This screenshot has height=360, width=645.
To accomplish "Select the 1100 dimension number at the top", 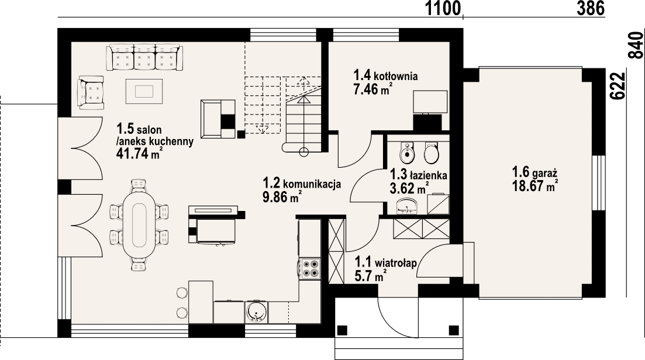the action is [x=443, y=8].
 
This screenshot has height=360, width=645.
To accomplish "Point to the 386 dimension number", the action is [x=590, y=8].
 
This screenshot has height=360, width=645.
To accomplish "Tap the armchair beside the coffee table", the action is [x=91, y=92].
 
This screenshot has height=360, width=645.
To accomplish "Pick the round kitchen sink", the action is [x=257, y=311].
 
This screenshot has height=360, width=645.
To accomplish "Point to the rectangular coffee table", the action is [x=144, y=91].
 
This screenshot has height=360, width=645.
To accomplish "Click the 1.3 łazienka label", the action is [x=418, y=175].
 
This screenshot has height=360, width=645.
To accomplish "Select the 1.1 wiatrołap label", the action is [x=386, y=262].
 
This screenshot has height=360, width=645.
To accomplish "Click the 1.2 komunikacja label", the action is [x=302, y=184].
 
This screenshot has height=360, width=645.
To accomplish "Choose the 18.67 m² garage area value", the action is [x=534, y=186].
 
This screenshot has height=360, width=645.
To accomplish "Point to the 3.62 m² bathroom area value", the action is [x=409, y=188].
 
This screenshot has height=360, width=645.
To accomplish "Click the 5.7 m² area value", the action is [x=370, y=276].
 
